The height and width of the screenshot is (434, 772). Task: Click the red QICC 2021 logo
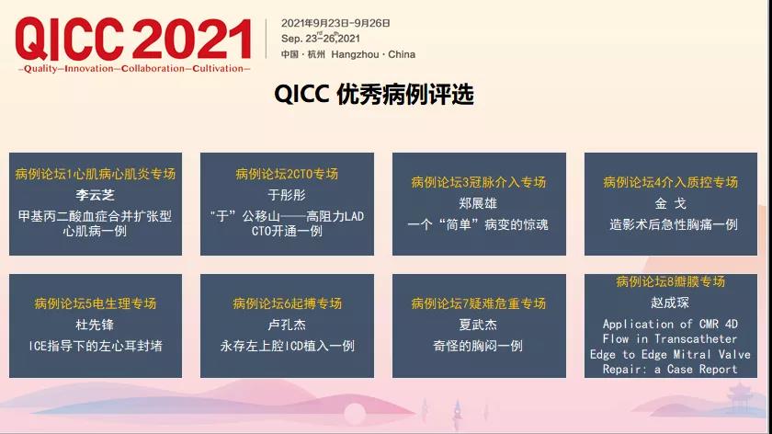click(133, 39)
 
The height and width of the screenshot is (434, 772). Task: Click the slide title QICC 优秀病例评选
click(374, 94)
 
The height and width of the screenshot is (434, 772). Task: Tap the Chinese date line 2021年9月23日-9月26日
click(335, 23)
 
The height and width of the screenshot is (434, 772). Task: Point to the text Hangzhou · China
click(373, 54)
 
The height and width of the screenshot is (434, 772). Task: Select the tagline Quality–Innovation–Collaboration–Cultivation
click(134, 68)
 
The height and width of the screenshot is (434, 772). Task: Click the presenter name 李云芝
click(95, 195)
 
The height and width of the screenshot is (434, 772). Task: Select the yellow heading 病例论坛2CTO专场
click(287, 174)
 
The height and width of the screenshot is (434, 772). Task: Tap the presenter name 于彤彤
click(287, 195)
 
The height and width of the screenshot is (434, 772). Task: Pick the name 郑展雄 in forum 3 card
click(478, 203)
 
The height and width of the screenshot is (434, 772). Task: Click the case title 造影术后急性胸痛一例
click(674, 224)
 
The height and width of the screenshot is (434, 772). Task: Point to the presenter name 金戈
click(671, 203)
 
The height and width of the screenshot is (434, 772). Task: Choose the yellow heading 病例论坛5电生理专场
click(96, 303)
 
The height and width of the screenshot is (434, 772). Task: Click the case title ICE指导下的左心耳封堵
click(96, 346)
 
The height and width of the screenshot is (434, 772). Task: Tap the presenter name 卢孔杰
click(287, 325)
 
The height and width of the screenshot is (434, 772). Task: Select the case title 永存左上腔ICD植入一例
click(287, 346)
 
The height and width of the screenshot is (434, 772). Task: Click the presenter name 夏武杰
click(478, 325)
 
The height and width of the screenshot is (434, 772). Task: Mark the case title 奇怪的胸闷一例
click(478, 346)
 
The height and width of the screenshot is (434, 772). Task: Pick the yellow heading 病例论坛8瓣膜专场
click(671, 281)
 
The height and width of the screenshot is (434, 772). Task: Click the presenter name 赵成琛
click(670, 303)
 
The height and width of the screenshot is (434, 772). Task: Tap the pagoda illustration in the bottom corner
click(740, 397)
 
